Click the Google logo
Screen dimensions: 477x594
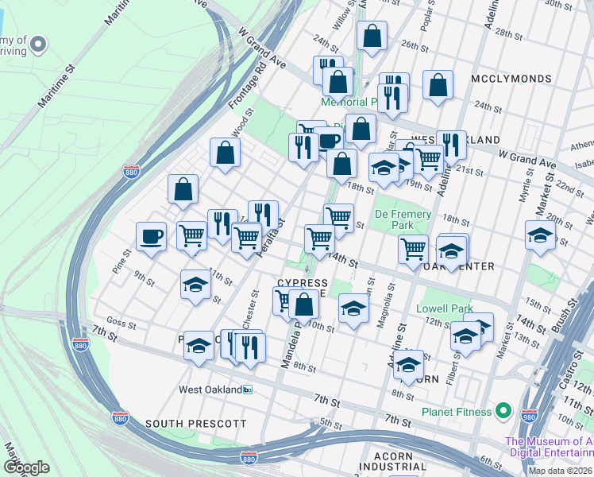(x=26, y=467)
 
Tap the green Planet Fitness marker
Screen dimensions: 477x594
(x=502, y=411)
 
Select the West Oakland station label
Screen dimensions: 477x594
(x=209, y=390)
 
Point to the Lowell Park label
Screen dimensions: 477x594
(x=445, y=308)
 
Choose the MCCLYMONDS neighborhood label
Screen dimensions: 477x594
(x=511, y=79)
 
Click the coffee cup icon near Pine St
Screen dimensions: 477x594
(x=151, y=236)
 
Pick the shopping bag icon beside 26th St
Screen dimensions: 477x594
(x=372, y=36)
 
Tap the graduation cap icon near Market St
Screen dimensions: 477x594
(x=540, y=235)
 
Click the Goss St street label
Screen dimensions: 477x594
(x=121, y=324)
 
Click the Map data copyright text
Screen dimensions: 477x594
(x=559, y=471)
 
